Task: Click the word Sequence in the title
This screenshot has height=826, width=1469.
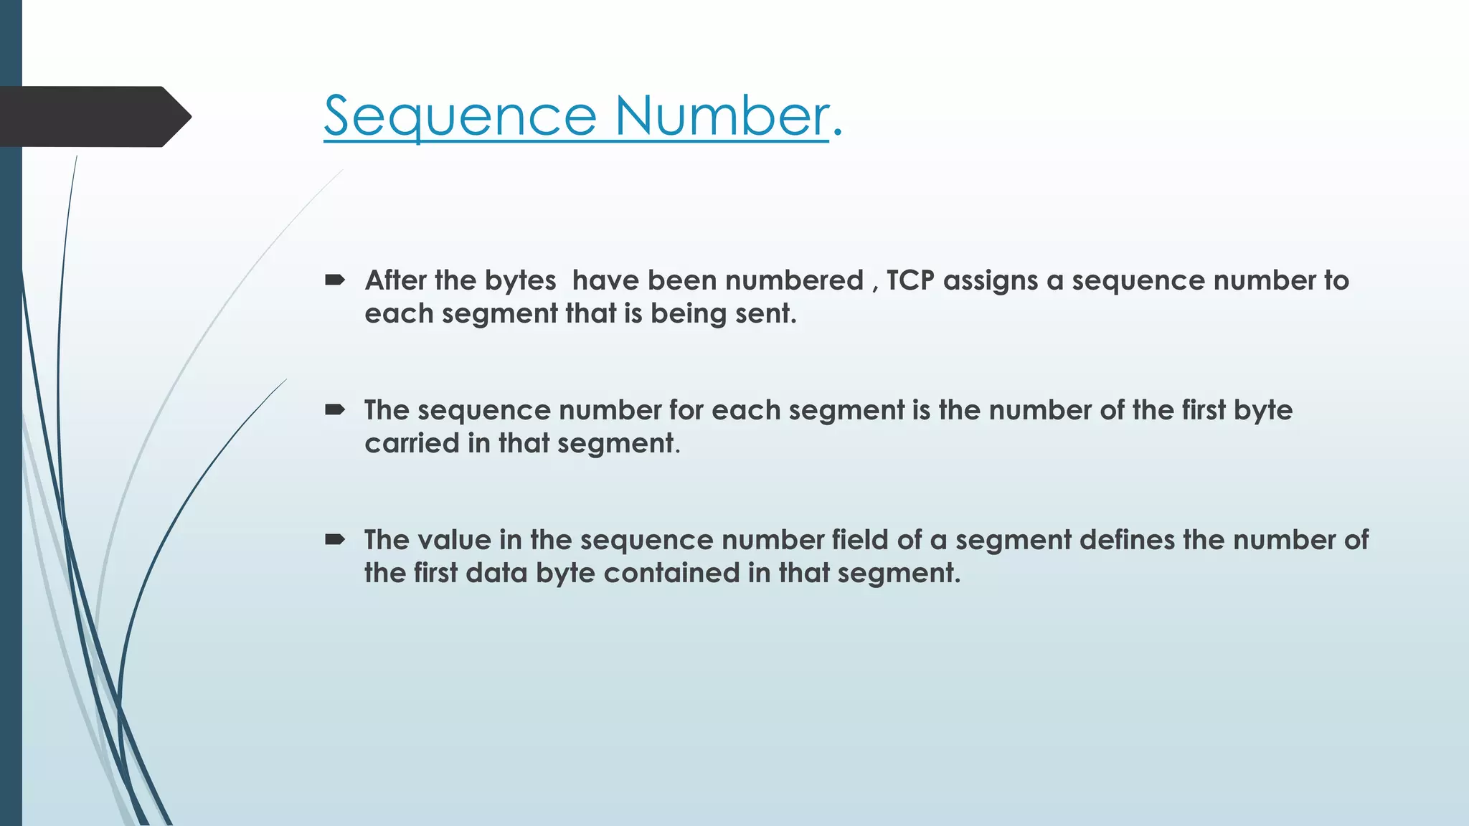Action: pyautogui.click(x=459, y=116)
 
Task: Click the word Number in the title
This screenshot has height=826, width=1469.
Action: pyautogui.click(x=721, y=116)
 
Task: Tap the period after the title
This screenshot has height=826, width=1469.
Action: pyautogui.click(x=837, y=133)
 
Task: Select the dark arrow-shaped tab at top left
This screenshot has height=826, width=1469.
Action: pyautogui.click(x=93, y=117)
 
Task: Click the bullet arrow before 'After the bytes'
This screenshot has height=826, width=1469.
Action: pyautogui.click(x=335, y=280)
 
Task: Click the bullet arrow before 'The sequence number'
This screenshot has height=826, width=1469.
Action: pyautogui.click(x=335, y=410)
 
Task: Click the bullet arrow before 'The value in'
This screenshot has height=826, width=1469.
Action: pyautogui.click(x=335, y=540)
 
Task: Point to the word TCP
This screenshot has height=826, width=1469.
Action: pyautogui.click(x=910, y=280)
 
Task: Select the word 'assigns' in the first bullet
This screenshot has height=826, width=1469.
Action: pyautogui.click(x=991, y=280)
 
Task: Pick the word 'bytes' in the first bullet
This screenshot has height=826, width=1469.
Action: pyautogui.click(x=521, y=280)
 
